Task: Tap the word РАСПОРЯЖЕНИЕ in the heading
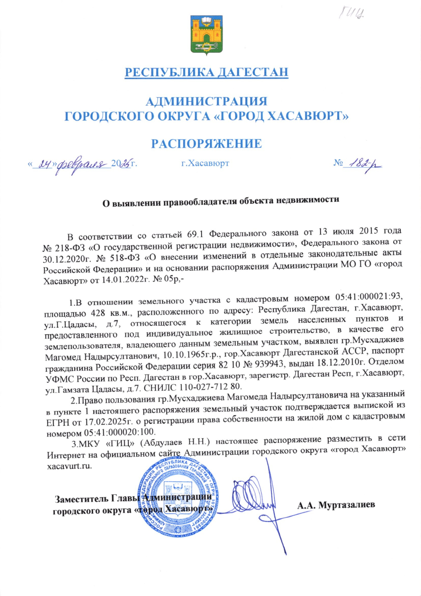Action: click(x=206, y=144)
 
